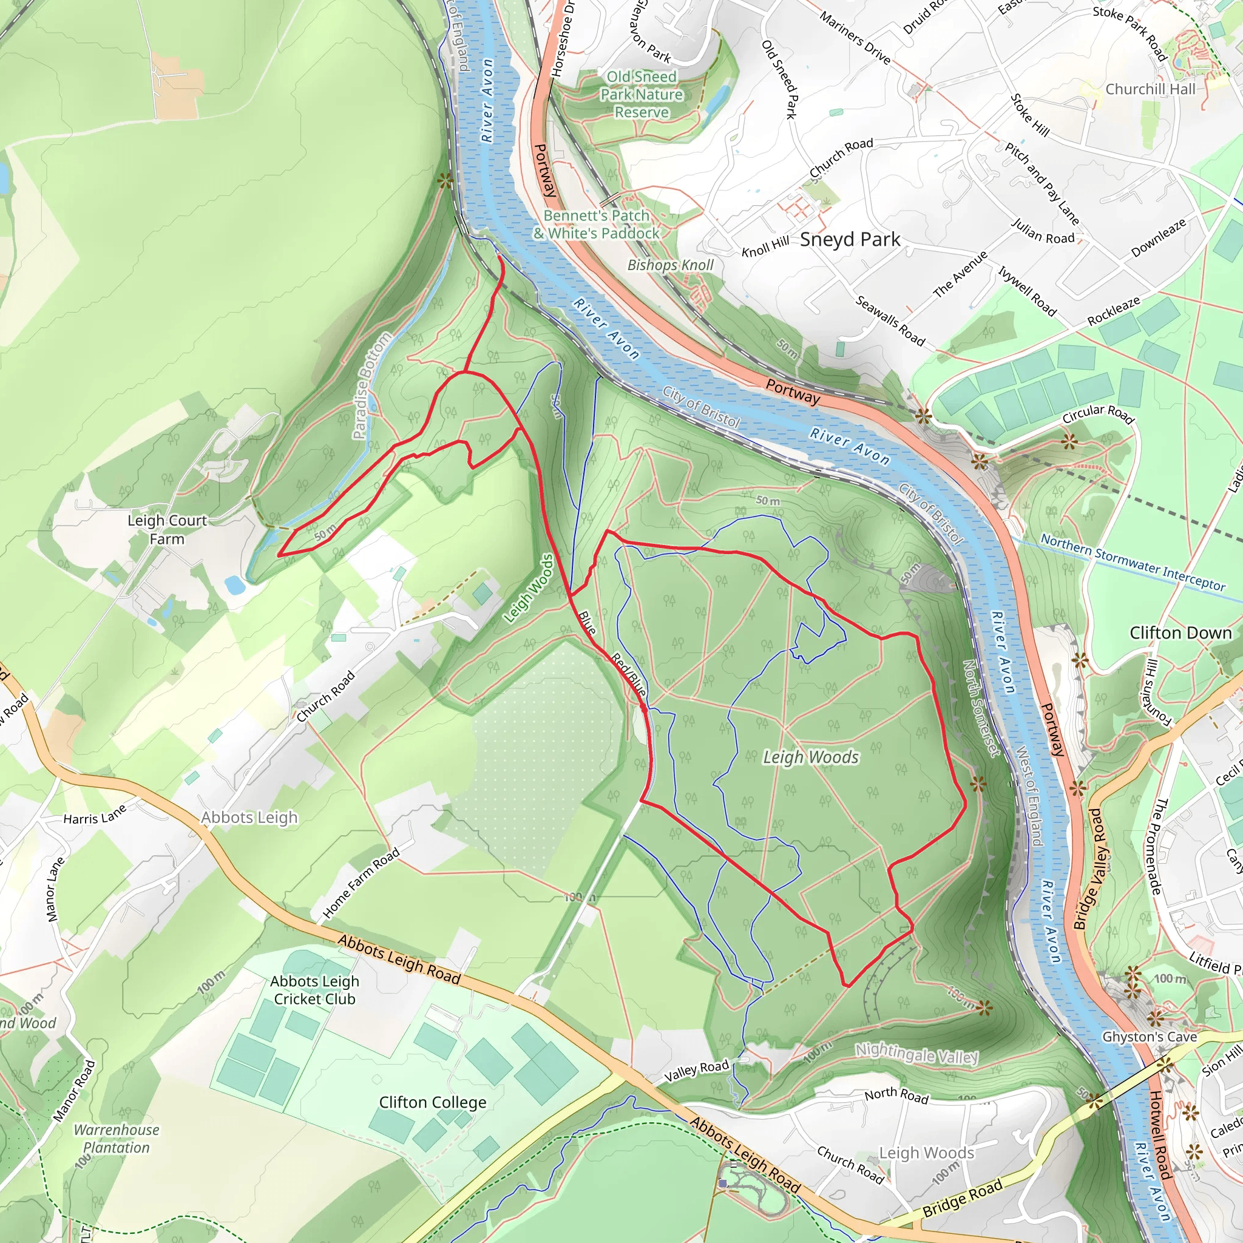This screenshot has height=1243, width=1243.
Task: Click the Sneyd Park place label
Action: click(849, 239)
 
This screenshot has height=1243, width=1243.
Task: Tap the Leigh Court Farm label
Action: click(167, 529)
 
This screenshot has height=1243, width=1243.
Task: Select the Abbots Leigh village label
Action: click(249, 817)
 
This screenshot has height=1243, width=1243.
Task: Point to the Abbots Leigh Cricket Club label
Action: click(314, 989)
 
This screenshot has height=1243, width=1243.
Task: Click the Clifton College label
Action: click(432, 1102)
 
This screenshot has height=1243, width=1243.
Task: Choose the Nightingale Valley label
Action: click(916, 1055)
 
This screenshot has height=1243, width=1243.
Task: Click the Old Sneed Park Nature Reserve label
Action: click(642, 95)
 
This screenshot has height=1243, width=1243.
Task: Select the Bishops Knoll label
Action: click(671, 265)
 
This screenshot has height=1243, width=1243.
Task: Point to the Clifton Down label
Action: click(1180, 633)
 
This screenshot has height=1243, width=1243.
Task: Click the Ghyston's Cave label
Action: click(1149, 1037)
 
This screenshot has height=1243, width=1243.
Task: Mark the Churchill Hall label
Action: click(1150, 89)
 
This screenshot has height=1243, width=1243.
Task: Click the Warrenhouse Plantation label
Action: click(117, 1138)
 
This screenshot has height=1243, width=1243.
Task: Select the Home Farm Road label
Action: click(361, 882)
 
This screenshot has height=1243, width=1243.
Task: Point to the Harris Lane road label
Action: click(95, 816)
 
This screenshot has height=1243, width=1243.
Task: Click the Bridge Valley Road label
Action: click(1097, 869)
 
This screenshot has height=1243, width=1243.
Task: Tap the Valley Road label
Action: click(696, 1071)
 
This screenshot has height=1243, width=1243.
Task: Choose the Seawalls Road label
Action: click(890, 320)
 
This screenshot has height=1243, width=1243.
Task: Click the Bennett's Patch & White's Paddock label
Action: click(597, 225)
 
